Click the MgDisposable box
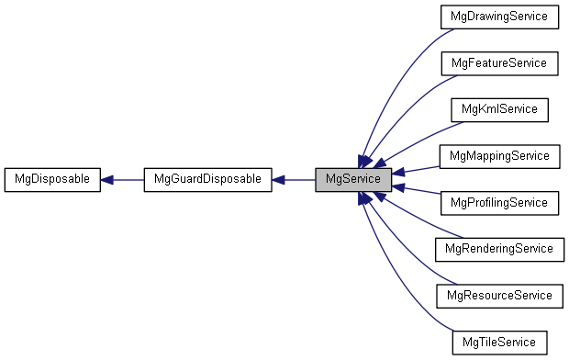coord(51,179)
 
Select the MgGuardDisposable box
coord(207,179)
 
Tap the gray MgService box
coord(353,179)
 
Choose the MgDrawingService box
coord(499,17)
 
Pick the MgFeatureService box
coord(499,63)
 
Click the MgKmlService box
coord(499,109)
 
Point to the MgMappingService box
coord(499,156)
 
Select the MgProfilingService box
coord(499,202)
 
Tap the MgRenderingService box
coord(499,249)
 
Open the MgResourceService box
coord(499,295)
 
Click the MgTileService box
coord(499,342)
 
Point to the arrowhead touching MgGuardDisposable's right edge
coord(279,179)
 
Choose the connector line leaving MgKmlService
coord(418,139)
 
